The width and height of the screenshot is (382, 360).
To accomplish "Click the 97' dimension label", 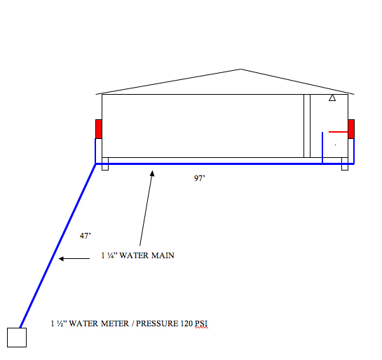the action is pos(199,178).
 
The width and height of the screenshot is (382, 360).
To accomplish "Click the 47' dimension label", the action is pos(86,236).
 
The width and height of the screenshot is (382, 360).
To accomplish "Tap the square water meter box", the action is pos(17,338).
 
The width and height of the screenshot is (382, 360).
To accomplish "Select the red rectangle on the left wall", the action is pos(99,129).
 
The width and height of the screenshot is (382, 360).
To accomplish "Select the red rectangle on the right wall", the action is pos(351,129).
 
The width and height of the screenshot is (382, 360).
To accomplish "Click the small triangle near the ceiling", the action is pos(332,98).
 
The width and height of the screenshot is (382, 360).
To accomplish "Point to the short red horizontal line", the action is pos(338,132).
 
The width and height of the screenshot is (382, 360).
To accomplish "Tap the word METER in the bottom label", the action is pos(115,324).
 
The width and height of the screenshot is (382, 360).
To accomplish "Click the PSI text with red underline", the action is pos(201,324).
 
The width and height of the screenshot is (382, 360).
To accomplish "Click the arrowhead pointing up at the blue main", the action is pos(152,173).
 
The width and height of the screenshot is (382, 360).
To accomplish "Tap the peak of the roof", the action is pos(240,69).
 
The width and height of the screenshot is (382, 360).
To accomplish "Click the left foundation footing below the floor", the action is pos(105,164).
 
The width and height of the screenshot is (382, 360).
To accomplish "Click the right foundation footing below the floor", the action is pos(345,164).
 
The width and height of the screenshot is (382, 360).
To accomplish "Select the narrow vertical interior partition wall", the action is pos(307,126).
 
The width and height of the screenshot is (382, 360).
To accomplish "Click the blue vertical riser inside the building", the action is pos(322,147).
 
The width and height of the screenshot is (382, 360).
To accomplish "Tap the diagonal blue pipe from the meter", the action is pos(58,246).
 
